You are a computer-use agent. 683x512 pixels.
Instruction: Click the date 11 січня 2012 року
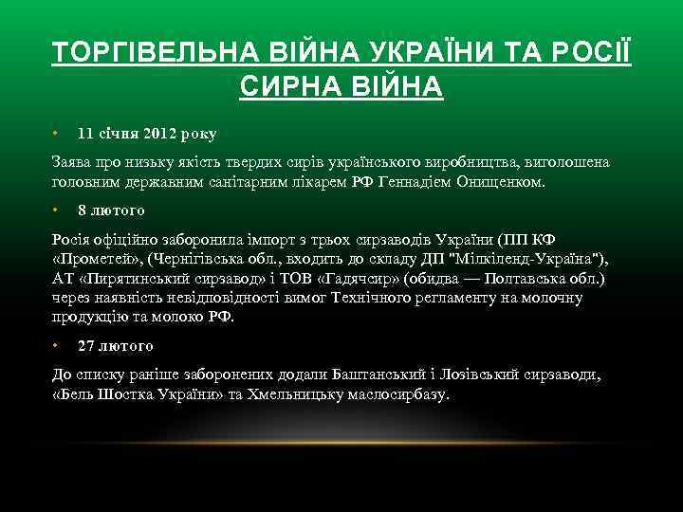[147, 134]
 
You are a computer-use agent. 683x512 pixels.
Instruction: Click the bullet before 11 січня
[56, 134]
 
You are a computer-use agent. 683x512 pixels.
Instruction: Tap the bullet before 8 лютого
[56, 210]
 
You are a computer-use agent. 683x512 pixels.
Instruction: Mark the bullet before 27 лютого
[56, 346]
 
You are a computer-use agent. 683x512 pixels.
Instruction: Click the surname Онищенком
[501, 181]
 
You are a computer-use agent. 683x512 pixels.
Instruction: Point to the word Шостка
[132, 393]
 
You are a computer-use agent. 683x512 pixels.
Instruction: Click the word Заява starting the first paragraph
[72, 162]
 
